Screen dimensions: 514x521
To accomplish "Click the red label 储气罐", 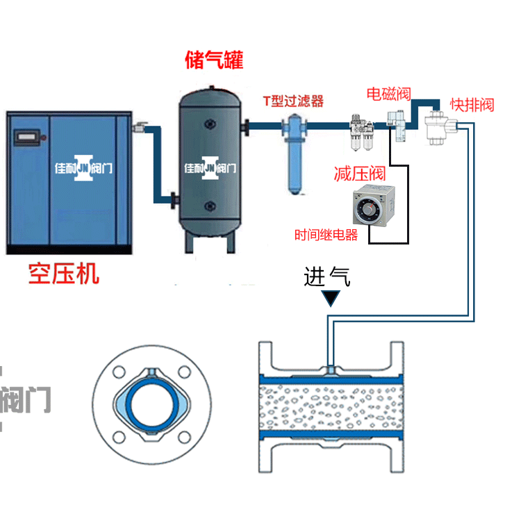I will tap(215, 60).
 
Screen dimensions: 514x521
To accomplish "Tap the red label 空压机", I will tap(64, 273).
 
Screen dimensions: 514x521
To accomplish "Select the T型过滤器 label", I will tap(293, 101).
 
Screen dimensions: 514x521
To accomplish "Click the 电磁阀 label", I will tap(388, 93).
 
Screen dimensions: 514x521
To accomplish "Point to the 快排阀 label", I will tap(472, 105).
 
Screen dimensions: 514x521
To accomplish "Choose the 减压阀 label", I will tap(359, 173).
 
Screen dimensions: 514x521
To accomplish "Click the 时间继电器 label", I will tap(326, 235).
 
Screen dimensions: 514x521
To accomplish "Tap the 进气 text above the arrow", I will tap(327, 277).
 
